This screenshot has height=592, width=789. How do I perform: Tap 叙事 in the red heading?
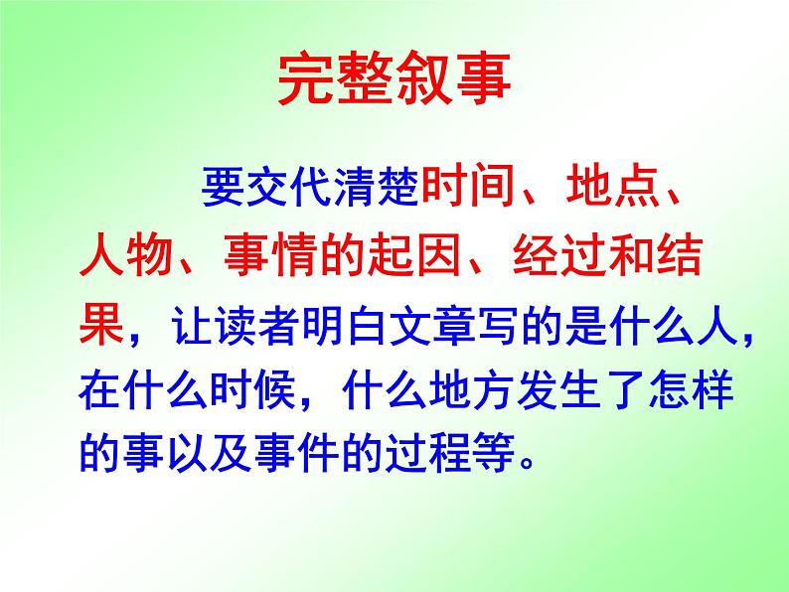453,75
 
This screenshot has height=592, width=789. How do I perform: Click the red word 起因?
408,261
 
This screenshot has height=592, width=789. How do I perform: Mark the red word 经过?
552,261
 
